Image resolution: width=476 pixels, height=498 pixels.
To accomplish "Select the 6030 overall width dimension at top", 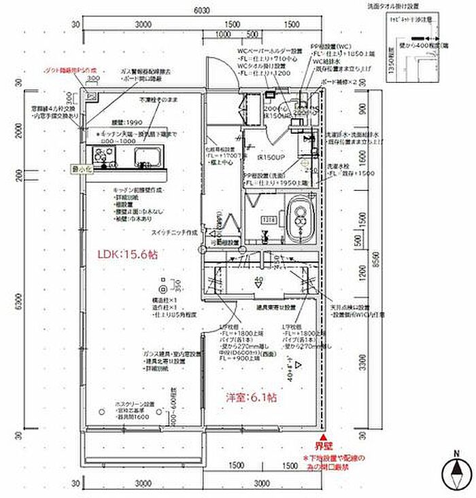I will pyautogui.click(x=200, y=11).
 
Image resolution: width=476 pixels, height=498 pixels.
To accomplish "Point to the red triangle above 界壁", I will pyautogui.click(x=324, y=438).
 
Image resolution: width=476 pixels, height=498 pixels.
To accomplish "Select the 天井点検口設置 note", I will pyautogui.click(x=350, y=308).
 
